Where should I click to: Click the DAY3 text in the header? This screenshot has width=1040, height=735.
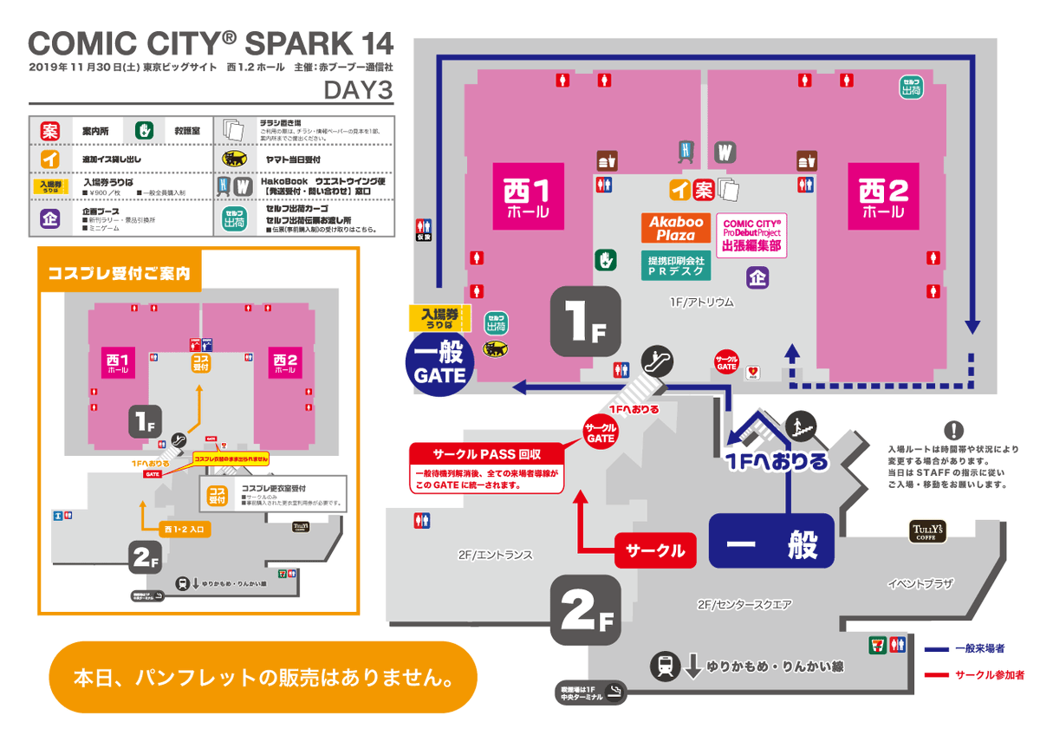[358, 89]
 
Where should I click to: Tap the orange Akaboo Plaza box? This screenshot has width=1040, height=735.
[675, 228]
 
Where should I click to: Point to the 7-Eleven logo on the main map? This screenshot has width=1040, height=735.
[879, 644]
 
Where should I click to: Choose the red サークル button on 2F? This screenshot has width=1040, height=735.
[655, 550]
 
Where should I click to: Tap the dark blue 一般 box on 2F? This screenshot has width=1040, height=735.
[771, 543]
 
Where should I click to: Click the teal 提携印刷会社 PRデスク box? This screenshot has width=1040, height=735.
[676, 265]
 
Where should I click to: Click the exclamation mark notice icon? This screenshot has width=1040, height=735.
[953, 430]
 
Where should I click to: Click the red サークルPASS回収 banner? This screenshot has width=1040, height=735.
[486, 453]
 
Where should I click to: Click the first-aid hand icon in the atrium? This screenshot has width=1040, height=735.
[604, 259]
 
